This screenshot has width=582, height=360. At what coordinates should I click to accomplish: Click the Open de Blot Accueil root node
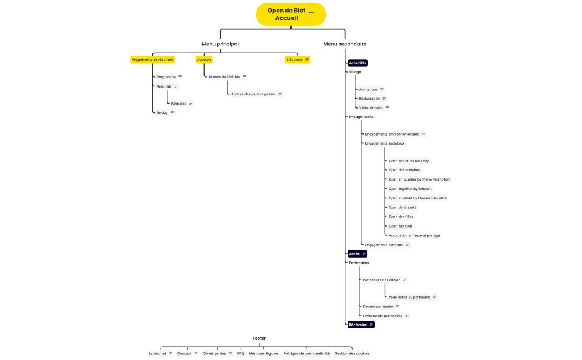pos(290,14)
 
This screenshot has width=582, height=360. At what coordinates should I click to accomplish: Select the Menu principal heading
pos(220,44)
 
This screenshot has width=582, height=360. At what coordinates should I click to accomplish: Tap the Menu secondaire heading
pos(345,44)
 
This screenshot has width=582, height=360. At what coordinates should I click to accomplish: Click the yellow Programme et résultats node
pos(152,60)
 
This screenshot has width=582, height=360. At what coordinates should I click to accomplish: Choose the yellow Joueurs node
pos(204,60)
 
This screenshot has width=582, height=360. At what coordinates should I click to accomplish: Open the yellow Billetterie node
pos(297,60)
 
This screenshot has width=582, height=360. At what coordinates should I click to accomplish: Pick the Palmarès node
pos(182,104)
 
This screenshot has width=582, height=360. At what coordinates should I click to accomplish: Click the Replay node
pos(165,113)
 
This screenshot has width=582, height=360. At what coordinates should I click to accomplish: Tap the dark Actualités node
pos(358,63)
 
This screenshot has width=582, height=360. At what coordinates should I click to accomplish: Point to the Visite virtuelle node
pos(374,108)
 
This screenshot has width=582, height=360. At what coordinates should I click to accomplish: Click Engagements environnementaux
pos(395,134)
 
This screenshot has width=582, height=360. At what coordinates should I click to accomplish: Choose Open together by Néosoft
pos(410,189)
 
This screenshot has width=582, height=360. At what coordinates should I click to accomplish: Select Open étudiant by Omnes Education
pos(418,198)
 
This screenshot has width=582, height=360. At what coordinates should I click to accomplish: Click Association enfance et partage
pos(414,235)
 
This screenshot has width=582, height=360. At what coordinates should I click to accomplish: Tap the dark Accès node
pos(358,254)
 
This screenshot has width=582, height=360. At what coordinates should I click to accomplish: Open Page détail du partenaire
pos(412,297)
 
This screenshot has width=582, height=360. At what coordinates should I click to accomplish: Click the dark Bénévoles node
pos(361,325)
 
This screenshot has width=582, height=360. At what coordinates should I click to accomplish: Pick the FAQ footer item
pos(241,354)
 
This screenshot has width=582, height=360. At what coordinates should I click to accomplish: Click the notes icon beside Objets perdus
pos(231,354)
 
